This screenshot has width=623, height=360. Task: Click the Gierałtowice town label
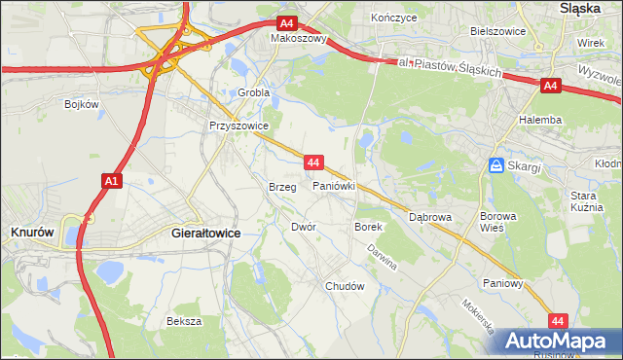[205, 234]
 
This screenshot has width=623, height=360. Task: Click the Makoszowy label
[297, 40]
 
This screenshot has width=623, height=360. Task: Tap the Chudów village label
[344, 286]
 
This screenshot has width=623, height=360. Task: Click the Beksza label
[183, 320]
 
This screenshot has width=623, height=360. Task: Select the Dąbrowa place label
[430, 217]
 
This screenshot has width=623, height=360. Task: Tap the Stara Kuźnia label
[589, 201]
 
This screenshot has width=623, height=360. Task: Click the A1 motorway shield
[111, 180]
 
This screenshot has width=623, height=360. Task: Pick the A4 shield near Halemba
[550, 87]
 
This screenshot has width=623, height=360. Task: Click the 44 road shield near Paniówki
[312, 162]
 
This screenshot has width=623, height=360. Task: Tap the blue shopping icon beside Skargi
[496, 166]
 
